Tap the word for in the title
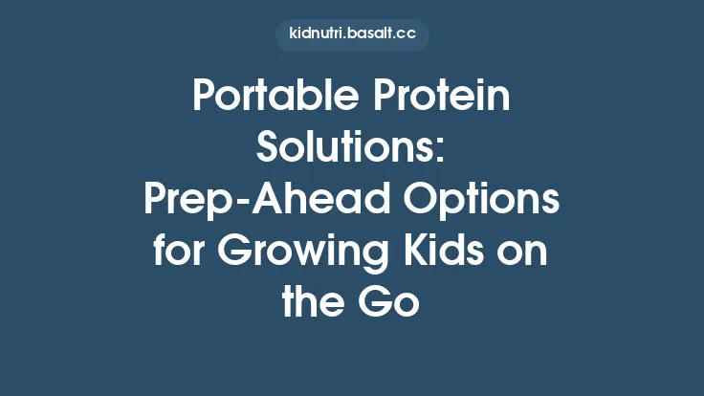(x=175, y=252)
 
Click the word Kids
(x=442, y=252)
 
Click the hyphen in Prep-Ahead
(x=239, y=203)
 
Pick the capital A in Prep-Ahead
(x=263, y=200)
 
